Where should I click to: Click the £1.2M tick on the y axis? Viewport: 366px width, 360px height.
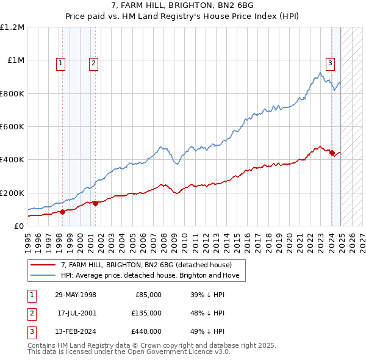(12, 27)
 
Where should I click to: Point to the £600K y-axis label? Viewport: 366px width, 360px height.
(12, 126)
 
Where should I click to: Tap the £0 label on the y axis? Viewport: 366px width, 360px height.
(19, 226)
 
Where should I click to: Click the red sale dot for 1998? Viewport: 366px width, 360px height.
(63, 212)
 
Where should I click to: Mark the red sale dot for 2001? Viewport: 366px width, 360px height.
(96, 204)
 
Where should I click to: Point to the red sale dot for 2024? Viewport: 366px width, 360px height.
(332, 153)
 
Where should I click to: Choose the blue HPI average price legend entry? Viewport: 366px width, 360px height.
(152, 276)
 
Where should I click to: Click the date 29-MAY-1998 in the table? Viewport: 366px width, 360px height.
(76, 295)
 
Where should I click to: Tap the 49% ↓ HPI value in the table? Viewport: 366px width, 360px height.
(208, 331)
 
